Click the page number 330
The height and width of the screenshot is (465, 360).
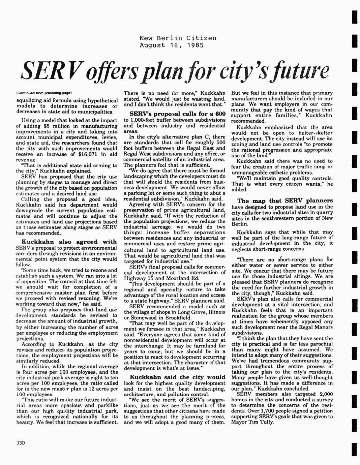tap(20, 443)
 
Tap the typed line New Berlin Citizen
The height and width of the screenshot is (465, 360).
tap(178, 38)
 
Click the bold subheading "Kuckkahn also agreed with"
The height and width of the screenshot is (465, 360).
tap(69, 242)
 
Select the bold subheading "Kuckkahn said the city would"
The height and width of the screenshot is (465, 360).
tap(177, 377)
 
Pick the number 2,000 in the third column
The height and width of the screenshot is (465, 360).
tap(326, 394)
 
